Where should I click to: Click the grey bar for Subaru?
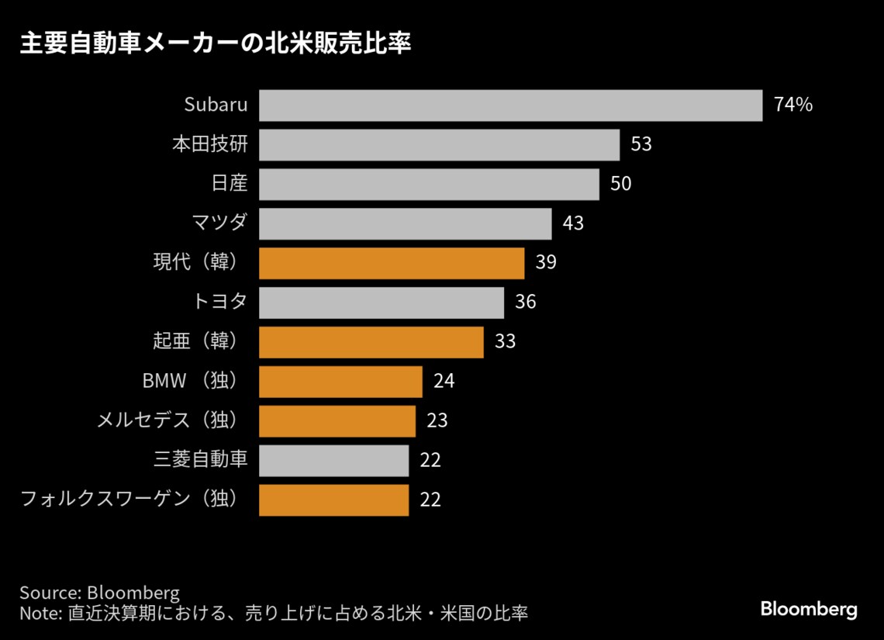(510, 106)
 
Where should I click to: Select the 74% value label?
(792, 106)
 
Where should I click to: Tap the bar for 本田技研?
(439, 145)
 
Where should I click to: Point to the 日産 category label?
(229, 185)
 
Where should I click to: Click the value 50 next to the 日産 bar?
(620, 185)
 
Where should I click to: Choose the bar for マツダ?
(405, 223)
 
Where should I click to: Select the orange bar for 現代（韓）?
(392, 263)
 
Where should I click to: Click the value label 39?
(546, 263)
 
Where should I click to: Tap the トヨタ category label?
(219, 303)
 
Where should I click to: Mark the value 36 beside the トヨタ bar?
(525, 303)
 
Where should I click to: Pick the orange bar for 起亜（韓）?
(371, 342)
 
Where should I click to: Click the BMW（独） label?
(189, 382)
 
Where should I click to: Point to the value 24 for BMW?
(444, 382)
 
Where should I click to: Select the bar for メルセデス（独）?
(337, 421)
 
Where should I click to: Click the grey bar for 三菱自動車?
(333, 460)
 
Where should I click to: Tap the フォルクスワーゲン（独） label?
(129, 500)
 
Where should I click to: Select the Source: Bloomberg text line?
(99, 593)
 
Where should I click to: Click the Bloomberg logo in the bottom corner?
(808, 610)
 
